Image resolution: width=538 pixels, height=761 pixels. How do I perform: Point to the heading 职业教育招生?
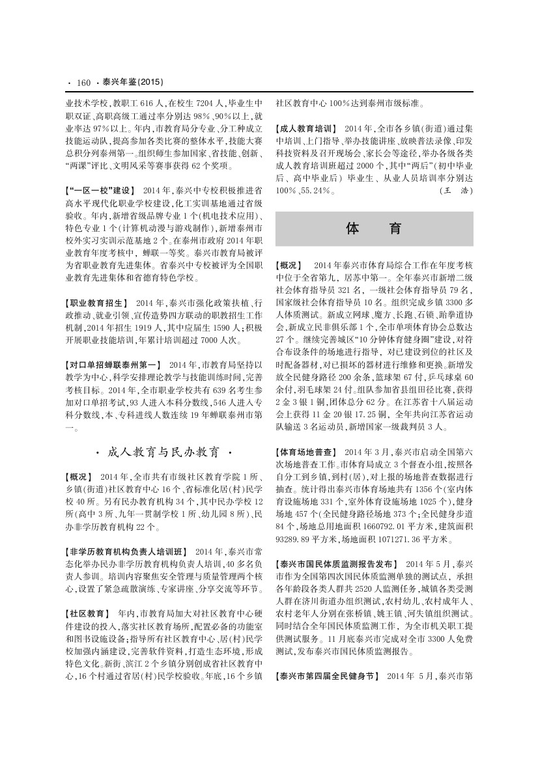[x=96, y=303]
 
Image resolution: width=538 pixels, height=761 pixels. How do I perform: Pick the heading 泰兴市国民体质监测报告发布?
[x=335, y=563]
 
